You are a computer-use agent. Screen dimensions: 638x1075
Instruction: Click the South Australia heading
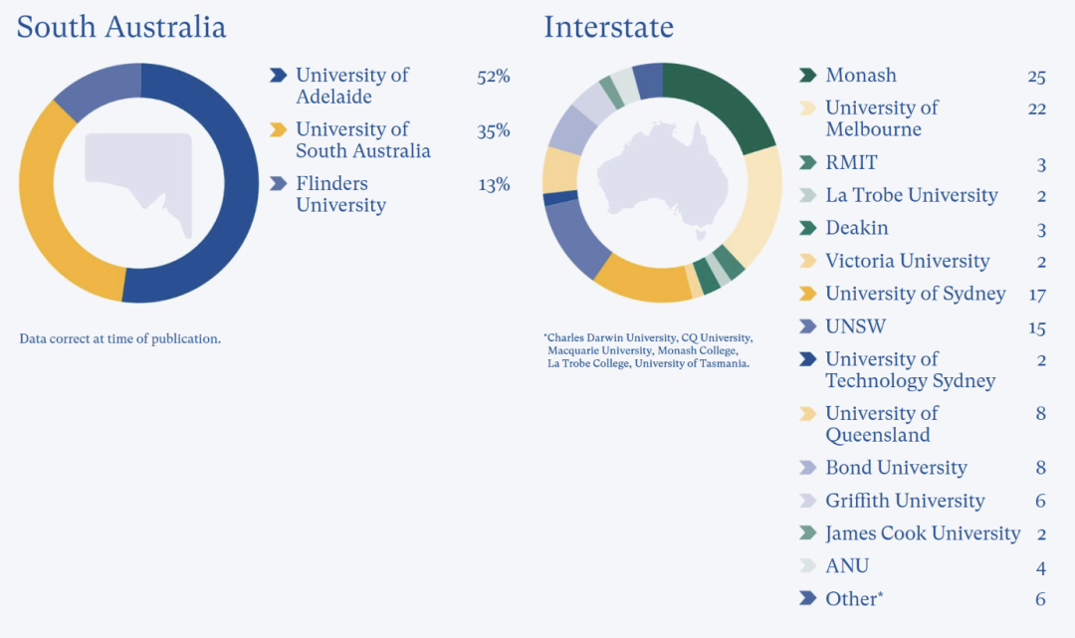click(121, 27)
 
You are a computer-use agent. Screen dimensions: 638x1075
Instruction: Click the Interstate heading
click(608, 27)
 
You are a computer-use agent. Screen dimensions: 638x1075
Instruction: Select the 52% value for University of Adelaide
click(493, 77)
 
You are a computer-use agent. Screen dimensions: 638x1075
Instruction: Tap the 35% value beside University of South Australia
click(493, 130)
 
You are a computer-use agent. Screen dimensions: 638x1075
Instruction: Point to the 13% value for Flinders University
click(493, 184)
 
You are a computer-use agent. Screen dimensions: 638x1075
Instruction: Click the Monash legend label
click(861, 76)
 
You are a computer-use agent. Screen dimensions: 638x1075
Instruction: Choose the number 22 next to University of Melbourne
click(1036, 108)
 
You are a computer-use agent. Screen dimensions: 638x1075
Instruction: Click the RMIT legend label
click(851, 163)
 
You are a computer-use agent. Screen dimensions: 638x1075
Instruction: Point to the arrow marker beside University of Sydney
click(808, 294)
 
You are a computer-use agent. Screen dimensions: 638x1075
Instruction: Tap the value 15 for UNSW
click(1036, 327)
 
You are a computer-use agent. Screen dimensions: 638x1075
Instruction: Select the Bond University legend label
click(896, 468)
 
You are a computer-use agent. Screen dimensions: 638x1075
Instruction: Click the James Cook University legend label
click(923, 533)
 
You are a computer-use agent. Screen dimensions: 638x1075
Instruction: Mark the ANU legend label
click(847, 566)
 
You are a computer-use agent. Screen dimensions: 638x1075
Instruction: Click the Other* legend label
click(854, 599)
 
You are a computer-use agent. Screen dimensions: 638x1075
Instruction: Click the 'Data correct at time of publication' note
click(119, 338)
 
